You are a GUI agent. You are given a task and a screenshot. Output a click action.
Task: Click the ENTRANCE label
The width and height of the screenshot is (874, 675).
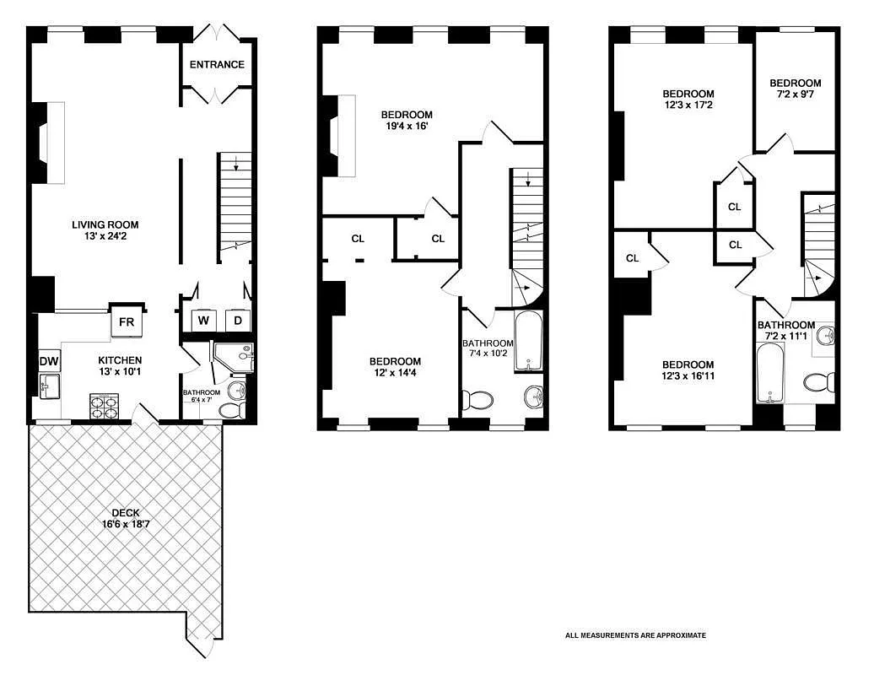click(x=217, y=65)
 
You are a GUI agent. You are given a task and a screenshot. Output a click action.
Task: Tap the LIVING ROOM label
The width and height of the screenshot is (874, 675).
click(x=105, y=224)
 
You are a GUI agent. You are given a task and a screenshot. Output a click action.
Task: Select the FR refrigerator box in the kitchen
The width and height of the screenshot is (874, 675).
click(x=127, y=321)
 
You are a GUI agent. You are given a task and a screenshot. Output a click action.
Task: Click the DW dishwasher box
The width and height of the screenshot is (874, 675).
click(x=48, y=361)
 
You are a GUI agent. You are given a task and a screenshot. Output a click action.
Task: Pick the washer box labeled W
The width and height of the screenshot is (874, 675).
click(x=204, y=321)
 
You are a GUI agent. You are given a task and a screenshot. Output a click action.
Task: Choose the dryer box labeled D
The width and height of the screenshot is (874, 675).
click(x=237, y=321)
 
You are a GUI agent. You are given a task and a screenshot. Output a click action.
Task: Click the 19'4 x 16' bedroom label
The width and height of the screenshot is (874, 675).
click(x=407, y=121)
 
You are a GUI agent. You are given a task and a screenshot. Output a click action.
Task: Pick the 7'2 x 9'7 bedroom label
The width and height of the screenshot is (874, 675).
click(x=795, y=89)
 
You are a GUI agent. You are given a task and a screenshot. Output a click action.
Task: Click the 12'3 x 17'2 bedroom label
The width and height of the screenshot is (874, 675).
click(x=688, y=100)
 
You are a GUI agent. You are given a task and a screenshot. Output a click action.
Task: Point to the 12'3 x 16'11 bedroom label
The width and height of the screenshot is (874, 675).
click(x=688, y=371)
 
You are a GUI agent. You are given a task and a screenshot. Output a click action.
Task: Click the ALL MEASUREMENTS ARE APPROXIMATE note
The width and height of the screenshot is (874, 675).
click(x=635, y=635)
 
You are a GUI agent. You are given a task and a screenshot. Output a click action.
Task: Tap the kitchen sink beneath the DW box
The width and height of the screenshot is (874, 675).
click(x=46, y=386)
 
